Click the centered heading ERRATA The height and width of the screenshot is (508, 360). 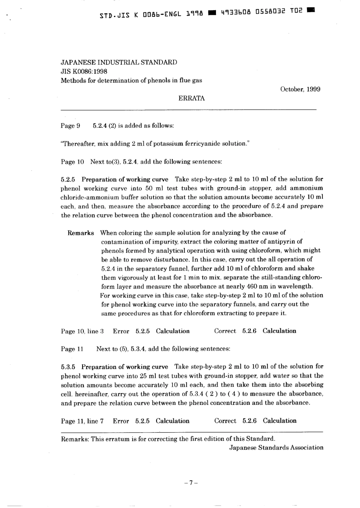pos(191,98)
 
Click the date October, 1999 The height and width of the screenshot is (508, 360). pos(300,89)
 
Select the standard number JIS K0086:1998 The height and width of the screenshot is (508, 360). pos(84,71)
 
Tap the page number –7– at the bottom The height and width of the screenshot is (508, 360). pos(191,483)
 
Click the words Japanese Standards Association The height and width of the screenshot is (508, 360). pos(276,448)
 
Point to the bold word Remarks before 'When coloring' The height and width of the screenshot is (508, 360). pos(81,233)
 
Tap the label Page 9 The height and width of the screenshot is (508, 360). pos(70,125)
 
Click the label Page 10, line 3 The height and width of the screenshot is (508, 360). pos(82,331)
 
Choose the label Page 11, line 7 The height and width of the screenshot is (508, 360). pos(82,421)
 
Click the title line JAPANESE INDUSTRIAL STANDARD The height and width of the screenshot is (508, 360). pos(119,62)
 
